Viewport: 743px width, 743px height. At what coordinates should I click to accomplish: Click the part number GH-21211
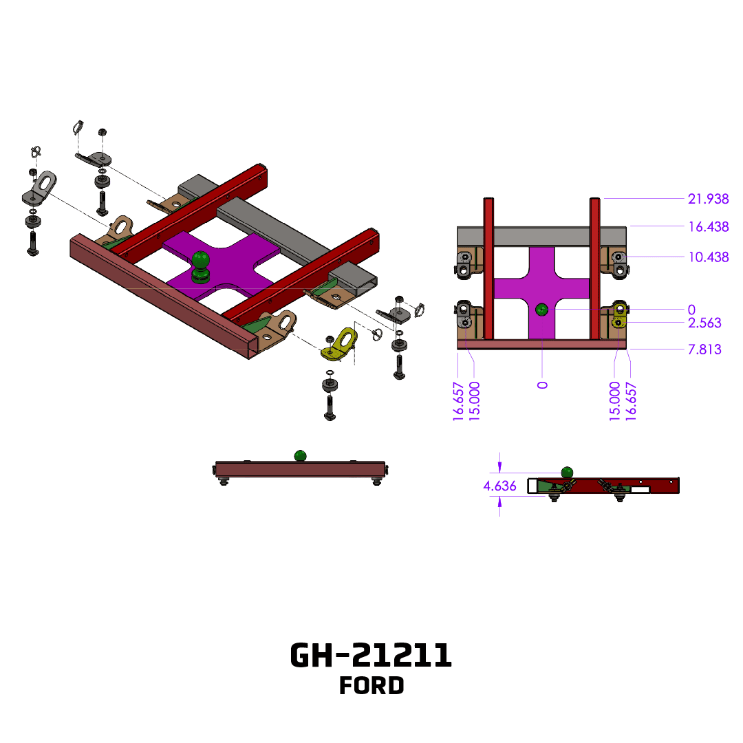[371, 656]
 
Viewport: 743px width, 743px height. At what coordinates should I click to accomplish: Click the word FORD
[371, 686]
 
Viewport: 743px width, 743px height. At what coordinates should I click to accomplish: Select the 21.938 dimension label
[708, 199]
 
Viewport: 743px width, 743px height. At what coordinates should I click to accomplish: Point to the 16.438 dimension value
[708, 226]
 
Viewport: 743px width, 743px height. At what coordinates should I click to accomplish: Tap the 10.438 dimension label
[708, 257]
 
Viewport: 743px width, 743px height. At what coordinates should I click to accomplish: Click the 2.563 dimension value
[704, 323]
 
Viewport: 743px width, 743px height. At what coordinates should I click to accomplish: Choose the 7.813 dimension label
[704, 349]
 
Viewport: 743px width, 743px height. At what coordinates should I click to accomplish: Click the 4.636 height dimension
[499, 486]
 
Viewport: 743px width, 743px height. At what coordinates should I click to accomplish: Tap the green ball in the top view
[541, 310]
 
